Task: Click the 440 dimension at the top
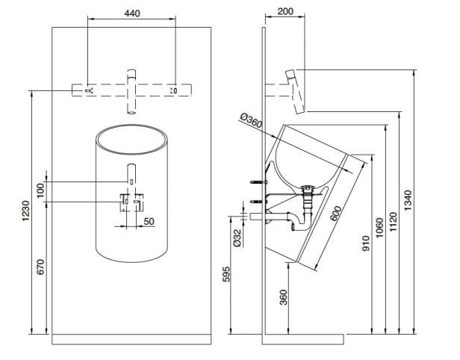coord(132,13)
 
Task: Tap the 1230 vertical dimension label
coord(25,211)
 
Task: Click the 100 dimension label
coord(42,190)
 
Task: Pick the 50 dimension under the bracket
coord(149,222)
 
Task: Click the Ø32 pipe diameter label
coord(237,237)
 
